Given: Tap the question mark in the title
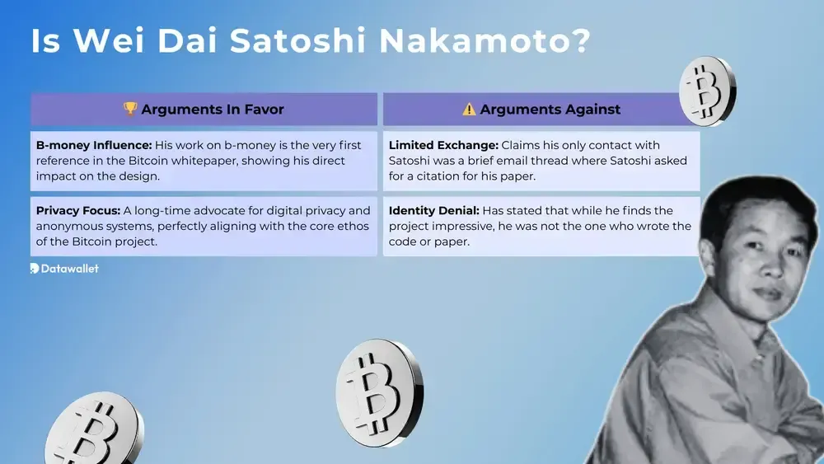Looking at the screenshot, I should pos(578,41).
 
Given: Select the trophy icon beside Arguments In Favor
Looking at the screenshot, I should pos(130,109).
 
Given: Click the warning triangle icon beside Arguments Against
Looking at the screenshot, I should pos(469,109).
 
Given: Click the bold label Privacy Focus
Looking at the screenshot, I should pos(77,210).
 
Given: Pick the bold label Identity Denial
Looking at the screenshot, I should pos(434,210).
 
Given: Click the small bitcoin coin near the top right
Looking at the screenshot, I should pos(707,91).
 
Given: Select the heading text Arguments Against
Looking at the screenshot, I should pos(550,109).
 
